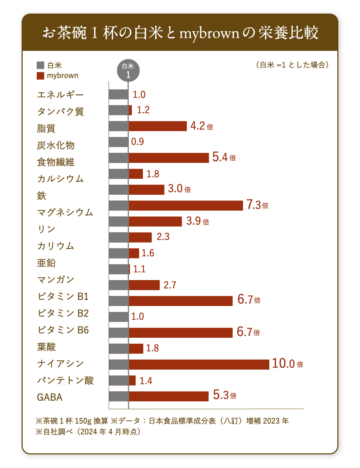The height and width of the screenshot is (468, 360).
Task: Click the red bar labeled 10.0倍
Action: tap(199, 364)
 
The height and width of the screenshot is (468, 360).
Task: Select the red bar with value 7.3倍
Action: tap(186, 206)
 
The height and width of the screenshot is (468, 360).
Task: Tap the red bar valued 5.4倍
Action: tap(168, 158)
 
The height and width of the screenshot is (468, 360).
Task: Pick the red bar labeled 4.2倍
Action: tap(158, 126)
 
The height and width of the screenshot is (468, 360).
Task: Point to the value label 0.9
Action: tap(138, 141)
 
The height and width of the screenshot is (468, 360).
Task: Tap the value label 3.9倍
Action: tap(197, 221)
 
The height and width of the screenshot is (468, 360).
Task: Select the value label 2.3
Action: tap(163, 237)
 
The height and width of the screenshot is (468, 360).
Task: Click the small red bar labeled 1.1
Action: tap(129, 269)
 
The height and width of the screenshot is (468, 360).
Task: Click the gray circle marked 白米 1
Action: tap(128, 70)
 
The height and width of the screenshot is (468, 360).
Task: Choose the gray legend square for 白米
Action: tap(40, 65)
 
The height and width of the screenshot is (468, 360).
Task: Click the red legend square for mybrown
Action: tap(40, 76)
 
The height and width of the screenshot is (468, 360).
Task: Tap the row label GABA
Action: tap(50, 397)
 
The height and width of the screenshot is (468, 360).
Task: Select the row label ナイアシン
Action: tap(60, 364)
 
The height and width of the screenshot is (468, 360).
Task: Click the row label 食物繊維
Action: tap(55, 162)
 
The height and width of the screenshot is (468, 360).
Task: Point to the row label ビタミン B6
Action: tap(63, 330)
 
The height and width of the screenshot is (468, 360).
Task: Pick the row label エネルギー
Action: tap(60, 95)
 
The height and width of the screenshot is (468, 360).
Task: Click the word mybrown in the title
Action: tap(209, 33)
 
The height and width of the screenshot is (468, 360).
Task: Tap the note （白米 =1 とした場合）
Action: tap(292, 65)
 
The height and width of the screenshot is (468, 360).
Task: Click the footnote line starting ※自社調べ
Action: tap(88, 432)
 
